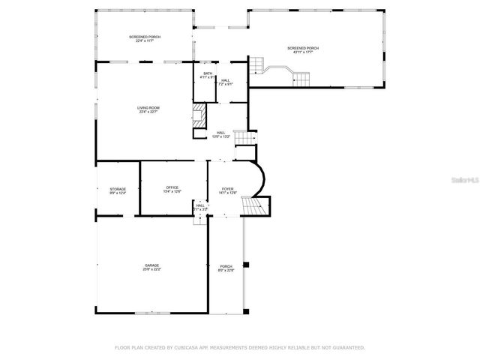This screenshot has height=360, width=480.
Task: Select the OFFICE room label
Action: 172,189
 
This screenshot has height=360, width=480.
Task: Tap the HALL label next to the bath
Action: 225,81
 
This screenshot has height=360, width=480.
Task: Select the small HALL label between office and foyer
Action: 200,206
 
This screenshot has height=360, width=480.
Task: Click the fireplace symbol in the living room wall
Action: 199,116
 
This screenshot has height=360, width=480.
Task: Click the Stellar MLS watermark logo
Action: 462,181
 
